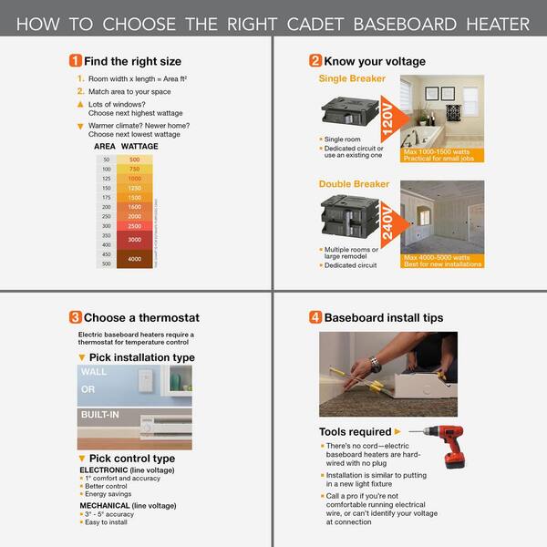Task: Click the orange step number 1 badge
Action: [76, 61]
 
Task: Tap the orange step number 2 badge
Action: [315, 61]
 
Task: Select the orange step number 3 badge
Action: [76, 318]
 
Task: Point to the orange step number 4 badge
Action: [315, 318]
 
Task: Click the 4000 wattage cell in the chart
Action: [135, 259]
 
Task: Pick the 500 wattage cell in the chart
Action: [135, 160]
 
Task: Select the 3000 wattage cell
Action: [135, 239]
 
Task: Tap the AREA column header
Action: [106, 146]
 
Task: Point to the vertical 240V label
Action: [389, 222]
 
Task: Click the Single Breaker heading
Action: [352, 78]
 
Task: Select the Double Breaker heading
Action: [354, 184]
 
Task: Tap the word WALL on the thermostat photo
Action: [94, 372]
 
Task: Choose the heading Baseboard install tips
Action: [384, 318]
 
